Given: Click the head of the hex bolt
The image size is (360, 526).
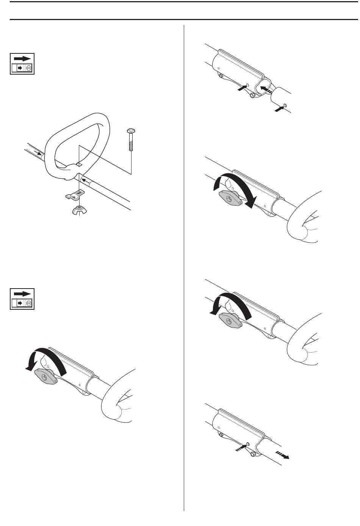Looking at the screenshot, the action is tap(130, 131).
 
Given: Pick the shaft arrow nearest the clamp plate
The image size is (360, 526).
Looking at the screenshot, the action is tap(87, 180).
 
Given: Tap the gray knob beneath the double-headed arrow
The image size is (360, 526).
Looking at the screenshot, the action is tap(230, 198).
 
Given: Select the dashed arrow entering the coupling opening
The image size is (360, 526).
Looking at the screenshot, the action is tap(266, 89).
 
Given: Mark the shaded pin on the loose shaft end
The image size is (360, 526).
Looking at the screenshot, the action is tap(285, 105).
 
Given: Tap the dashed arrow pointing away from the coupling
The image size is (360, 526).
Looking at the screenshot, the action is tap(283, 455).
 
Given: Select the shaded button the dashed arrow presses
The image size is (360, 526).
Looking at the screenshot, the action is tap(247, 443).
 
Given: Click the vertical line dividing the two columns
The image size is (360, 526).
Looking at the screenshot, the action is tap(184, 265).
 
